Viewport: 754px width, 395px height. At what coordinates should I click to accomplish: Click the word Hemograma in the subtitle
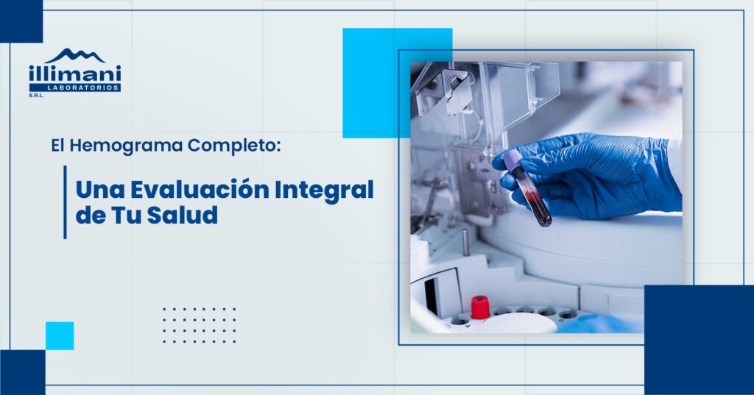coord(127,146)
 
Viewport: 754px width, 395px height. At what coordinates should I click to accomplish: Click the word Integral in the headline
coord(325,191)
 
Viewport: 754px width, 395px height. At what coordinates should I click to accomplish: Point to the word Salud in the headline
coord(183,215)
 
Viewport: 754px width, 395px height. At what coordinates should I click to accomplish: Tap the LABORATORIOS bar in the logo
coord(75,88)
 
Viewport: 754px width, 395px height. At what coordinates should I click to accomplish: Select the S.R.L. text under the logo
coord(36,95)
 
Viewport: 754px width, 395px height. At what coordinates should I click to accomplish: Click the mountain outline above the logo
coord(76,56)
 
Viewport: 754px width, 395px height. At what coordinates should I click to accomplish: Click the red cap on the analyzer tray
coord(480,307)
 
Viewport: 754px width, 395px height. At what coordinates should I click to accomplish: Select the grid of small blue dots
coord(199,325)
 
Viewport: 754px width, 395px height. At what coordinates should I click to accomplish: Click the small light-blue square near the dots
coord(60,336)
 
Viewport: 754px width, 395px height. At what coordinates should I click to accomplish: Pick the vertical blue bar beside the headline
coord(65,202)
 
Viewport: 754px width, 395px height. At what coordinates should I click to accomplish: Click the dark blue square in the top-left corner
coord(21,21)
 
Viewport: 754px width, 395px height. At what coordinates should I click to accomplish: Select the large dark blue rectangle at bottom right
coord(700,340)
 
